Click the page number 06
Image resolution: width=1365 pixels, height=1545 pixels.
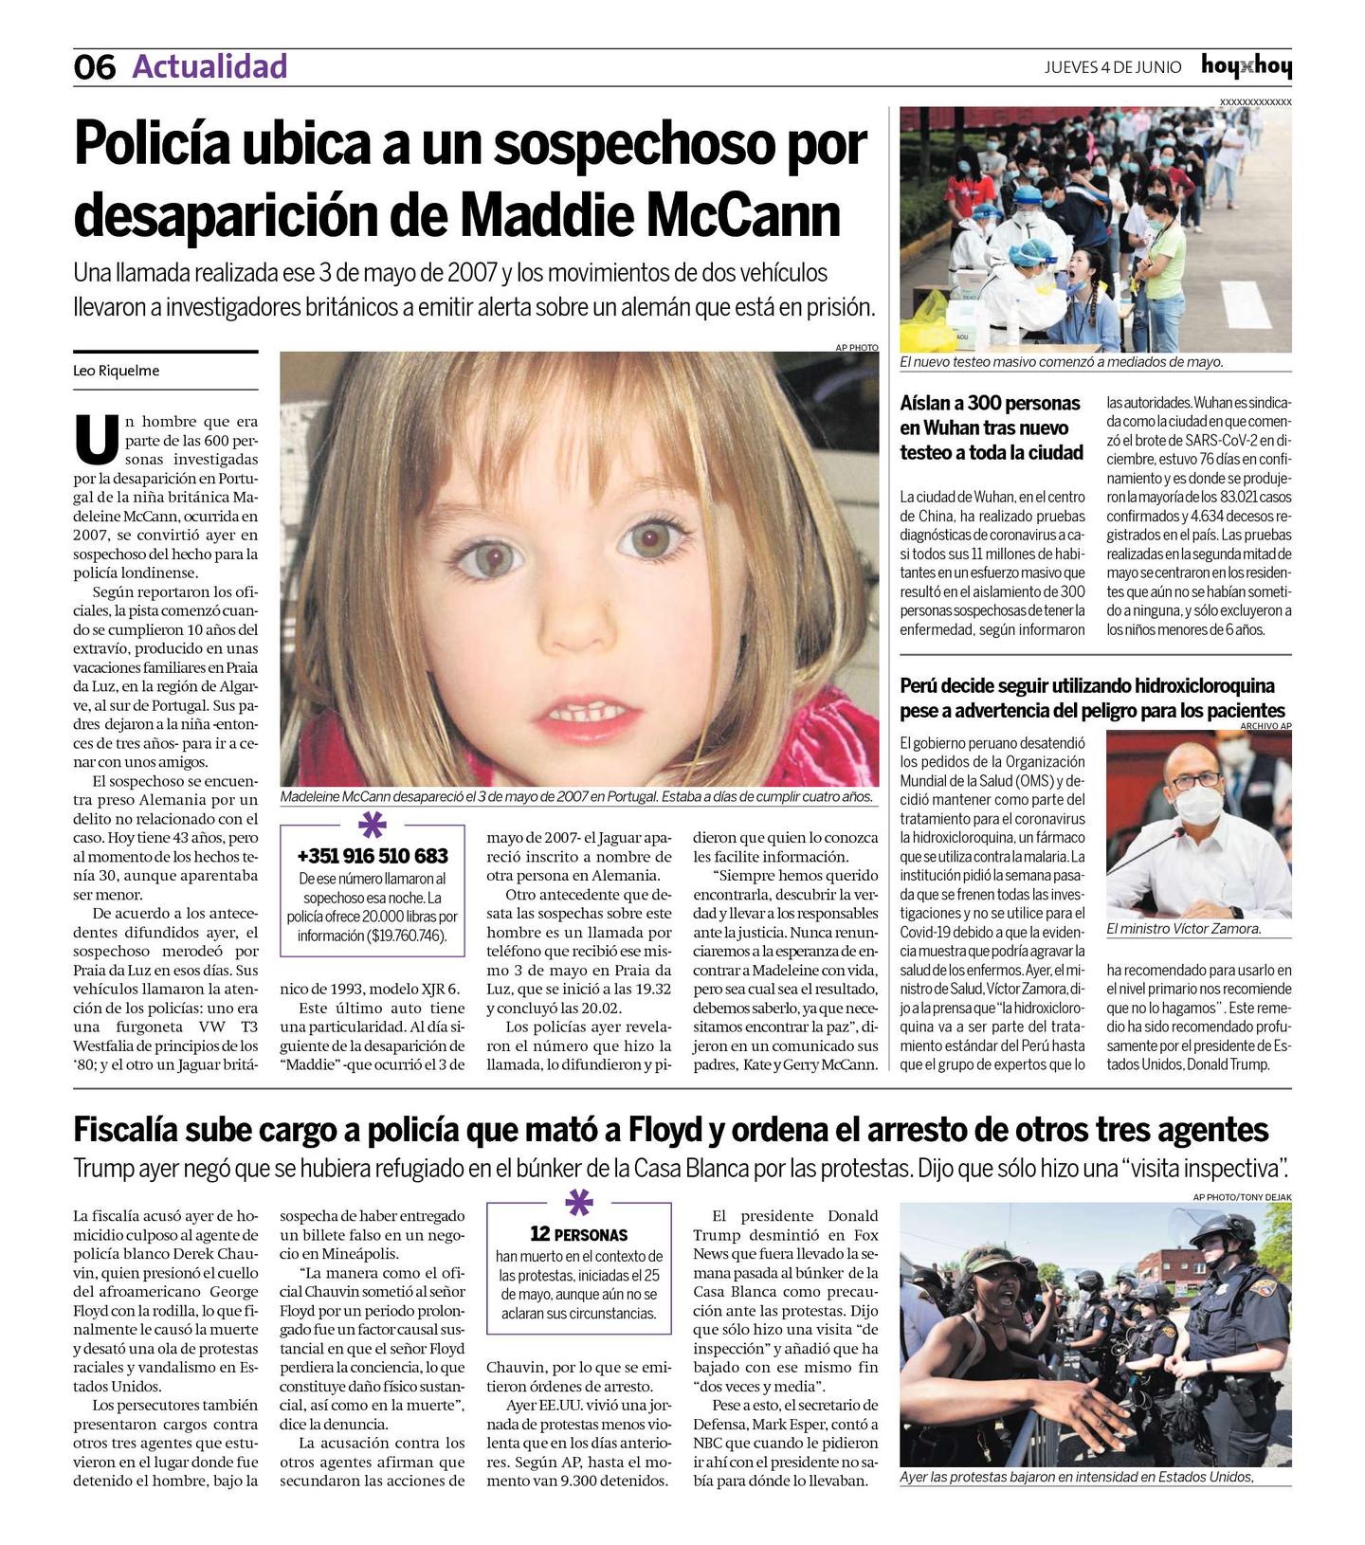coord(94,67)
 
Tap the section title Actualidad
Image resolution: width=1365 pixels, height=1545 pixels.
coord(209,66)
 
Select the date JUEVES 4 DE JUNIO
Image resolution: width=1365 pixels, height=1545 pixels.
coord(1113,67)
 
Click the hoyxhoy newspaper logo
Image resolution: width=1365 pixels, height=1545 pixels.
coord(1246,66)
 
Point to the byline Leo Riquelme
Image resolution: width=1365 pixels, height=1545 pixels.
coord(116,371)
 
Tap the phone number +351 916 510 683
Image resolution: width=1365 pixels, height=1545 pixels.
coord(373,856)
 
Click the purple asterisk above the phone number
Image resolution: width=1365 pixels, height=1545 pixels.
coord(373,825)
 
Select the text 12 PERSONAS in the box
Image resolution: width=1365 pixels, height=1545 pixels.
coord(578,1234)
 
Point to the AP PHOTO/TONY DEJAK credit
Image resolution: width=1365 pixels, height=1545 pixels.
coord(1242,1197)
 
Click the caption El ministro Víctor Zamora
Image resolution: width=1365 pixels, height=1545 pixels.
coord(1184,929)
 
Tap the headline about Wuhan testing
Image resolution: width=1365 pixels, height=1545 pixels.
coord(991,428)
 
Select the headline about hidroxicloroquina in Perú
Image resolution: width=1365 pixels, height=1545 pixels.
coord(1092,698)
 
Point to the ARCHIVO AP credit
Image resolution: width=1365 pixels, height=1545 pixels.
coord(1265,726)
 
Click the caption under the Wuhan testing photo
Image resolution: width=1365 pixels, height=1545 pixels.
coord(1062,362)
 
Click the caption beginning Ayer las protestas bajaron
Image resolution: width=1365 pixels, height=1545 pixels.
coord(1077,1477)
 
